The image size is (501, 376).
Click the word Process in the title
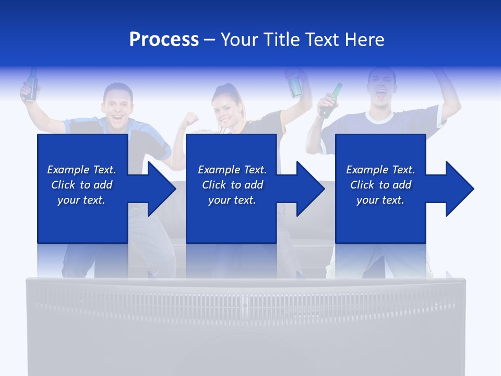164,40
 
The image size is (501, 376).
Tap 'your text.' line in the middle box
232,200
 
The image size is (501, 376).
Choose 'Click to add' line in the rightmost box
380,185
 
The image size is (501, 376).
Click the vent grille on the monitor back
245,303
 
